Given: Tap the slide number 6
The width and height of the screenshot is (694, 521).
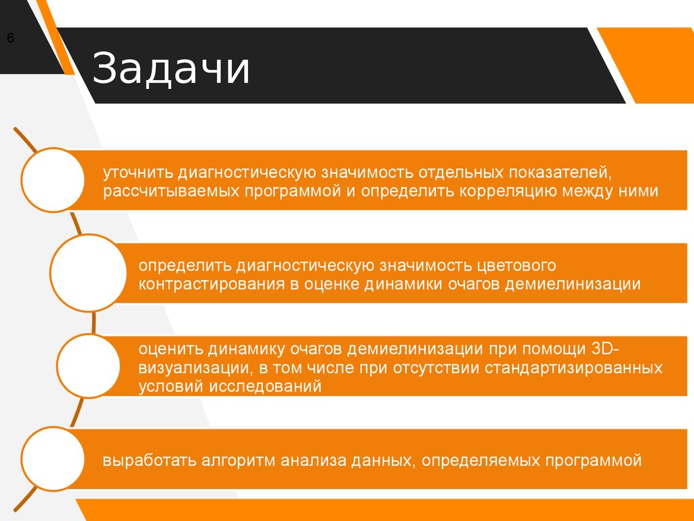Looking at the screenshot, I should (x=10, y=39).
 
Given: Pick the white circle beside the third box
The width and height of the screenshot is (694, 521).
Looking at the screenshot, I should (x=88, y=366).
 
